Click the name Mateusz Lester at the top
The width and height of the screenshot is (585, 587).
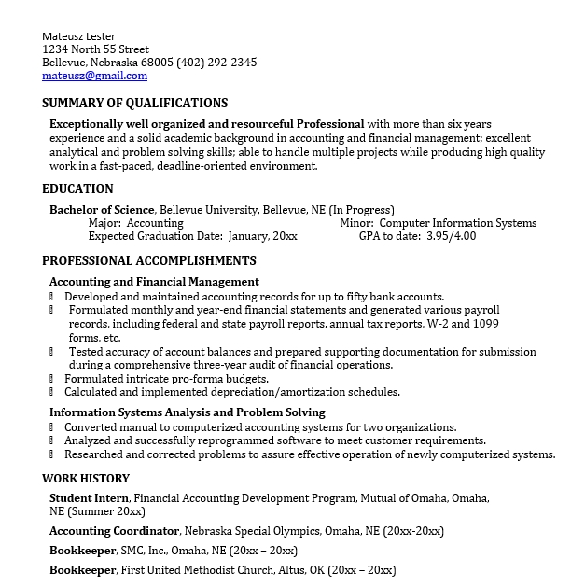(79, 36)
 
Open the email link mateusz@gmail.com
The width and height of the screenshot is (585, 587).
(94, 76)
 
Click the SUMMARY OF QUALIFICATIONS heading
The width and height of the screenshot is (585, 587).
(134, 103)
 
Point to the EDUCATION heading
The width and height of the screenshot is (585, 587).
(77, 189)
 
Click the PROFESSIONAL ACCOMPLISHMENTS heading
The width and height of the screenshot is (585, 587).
(149, 260)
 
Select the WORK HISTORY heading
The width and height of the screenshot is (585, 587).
(85, 478)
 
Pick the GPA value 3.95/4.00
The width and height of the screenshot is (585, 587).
(451, 236)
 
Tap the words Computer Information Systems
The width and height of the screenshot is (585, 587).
(458, 223)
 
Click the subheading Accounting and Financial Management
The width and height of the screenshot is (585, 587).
(154, 282)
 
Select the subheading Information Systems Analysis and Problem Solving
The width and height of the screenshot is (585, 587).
(187, 412)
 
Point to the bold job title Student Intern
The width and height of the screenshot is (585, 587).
(89, 498)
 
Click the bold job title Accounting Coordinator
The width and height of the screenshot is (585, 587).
(115, 531)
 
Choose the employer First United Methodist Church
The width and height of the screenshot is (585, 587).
(197, 570)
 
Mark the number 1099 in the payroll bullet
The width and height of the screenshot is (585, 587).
(486, 323)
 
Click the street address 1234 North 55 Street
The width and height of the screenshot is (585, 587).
(95, 49)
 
